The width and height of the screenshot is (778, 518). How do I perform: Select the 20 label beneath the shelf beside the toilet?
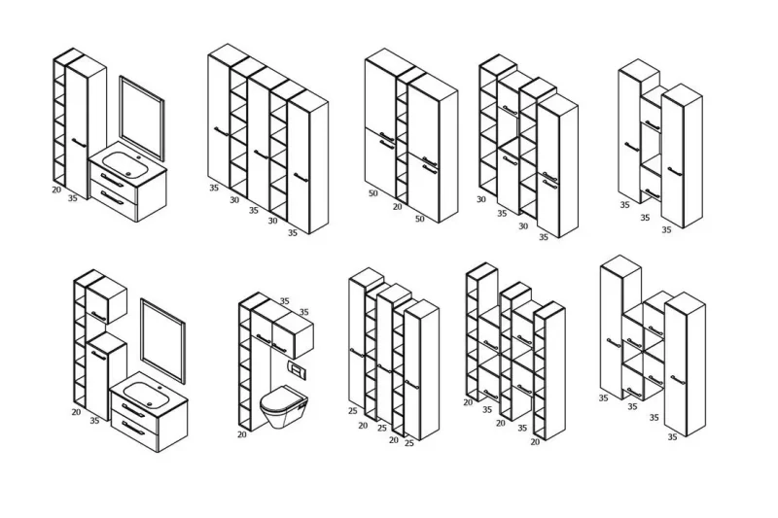[241, 434]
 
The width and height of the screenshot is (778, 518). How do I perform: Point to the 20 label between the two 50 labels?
[397, 206]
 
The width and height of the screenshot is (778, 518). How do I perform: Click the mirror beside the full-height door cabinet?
[142, 118]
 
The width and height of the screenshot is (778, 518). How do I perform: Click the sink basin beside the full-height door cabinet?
[123, 162]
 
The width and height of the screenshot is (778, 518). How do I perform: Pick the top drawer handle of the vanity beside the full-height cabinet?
[112, 181]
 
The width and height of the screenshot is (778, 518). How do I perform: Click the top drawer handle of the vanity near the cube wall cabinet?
[133, 410]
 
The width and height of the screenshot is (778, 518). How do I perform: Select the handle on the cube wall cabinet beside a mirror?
[99, 316]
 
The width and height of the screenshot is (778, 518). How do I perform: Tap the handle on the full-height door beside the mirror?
[79, 143]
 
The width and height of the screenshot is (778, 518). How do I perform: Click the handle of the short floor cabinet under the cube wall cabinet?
[99, 355]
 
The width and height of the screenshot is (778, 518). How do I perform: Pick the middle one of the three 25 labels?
[381, 428]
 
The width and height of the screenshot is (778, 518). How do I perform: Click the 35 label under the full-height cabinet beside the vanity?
[72, 198]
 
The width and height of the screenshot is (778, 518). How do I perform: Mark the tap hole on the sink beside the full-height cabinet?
[139, 158]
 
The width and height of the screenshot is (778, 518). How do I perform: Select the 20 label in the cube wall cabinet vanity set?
[76, 412]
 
